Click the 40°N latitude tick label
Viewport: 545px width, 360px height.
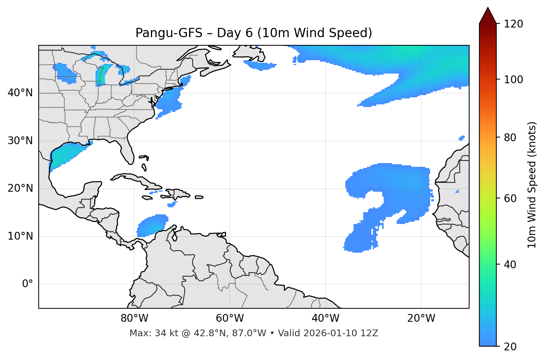tap(20, 93)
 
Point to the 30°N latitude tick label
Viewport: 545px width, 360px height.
tap(20, 141)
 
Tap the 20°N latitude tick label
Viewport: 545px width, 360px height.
tap(20, 188)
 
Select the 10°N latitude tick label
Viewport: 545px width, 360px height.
tap(20, 236)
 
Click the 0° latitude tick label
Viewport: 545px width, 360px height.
tap(27, 284)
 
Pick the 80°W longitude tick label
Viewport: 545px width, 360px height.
tap(134, 318)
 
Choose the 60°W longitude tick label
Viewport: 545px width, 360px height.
tap(230, 318)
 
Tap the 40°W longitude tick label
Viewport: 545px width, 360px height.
tap(325, 318)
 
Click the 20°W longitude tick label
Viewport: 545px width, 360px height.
tap(421, 318)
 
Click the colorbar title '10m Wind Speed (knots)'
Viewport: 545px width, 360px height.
tap(532, 185)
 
